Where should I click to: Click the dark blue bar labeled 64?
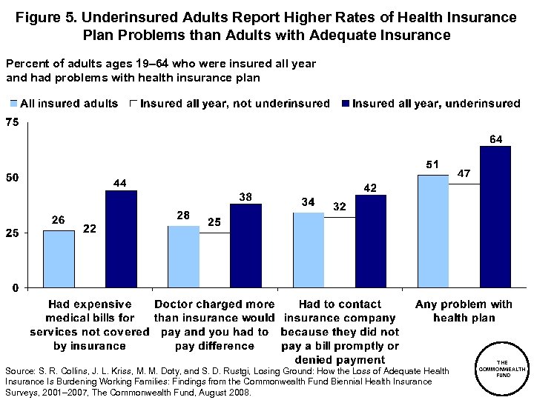click(x=495, y=216)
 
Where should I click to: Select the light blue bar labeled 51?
click(x=432, y=231)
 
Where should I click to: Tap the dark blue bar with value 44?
click(x=121, y=239)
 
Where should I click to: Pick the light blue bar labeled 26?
click(x=59, y=259)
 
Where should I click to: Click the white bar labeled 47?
click(x=464, y=235)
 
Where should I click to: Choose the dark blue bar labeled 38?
click(x=245, y=245)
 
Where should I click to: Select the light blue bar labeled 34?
click(x=309, y=250)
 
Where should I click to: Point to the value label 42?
click(x=370, y=187)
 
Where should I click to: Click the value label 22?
click(x=89, y=230)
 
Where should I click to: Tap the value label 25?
click(x=214, y=222)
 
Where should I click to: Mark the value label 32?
click(x=340, y=207)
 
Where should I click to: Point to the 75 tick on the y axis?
click(x=12, y=122)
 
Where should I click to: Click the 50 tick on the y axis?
click(x=12, y=178)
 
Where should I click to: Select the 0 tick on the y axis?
click(x=15, y=287)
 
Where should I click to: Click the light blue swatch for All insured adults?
click(x=13, y=104)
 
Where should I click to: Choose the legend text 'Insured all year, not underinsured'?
click(x=234, y=104)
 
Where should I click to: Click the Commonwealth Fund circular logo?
click(x=502, y=368)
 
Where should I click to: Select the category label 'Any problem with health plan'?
click(x=464, y=311)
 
